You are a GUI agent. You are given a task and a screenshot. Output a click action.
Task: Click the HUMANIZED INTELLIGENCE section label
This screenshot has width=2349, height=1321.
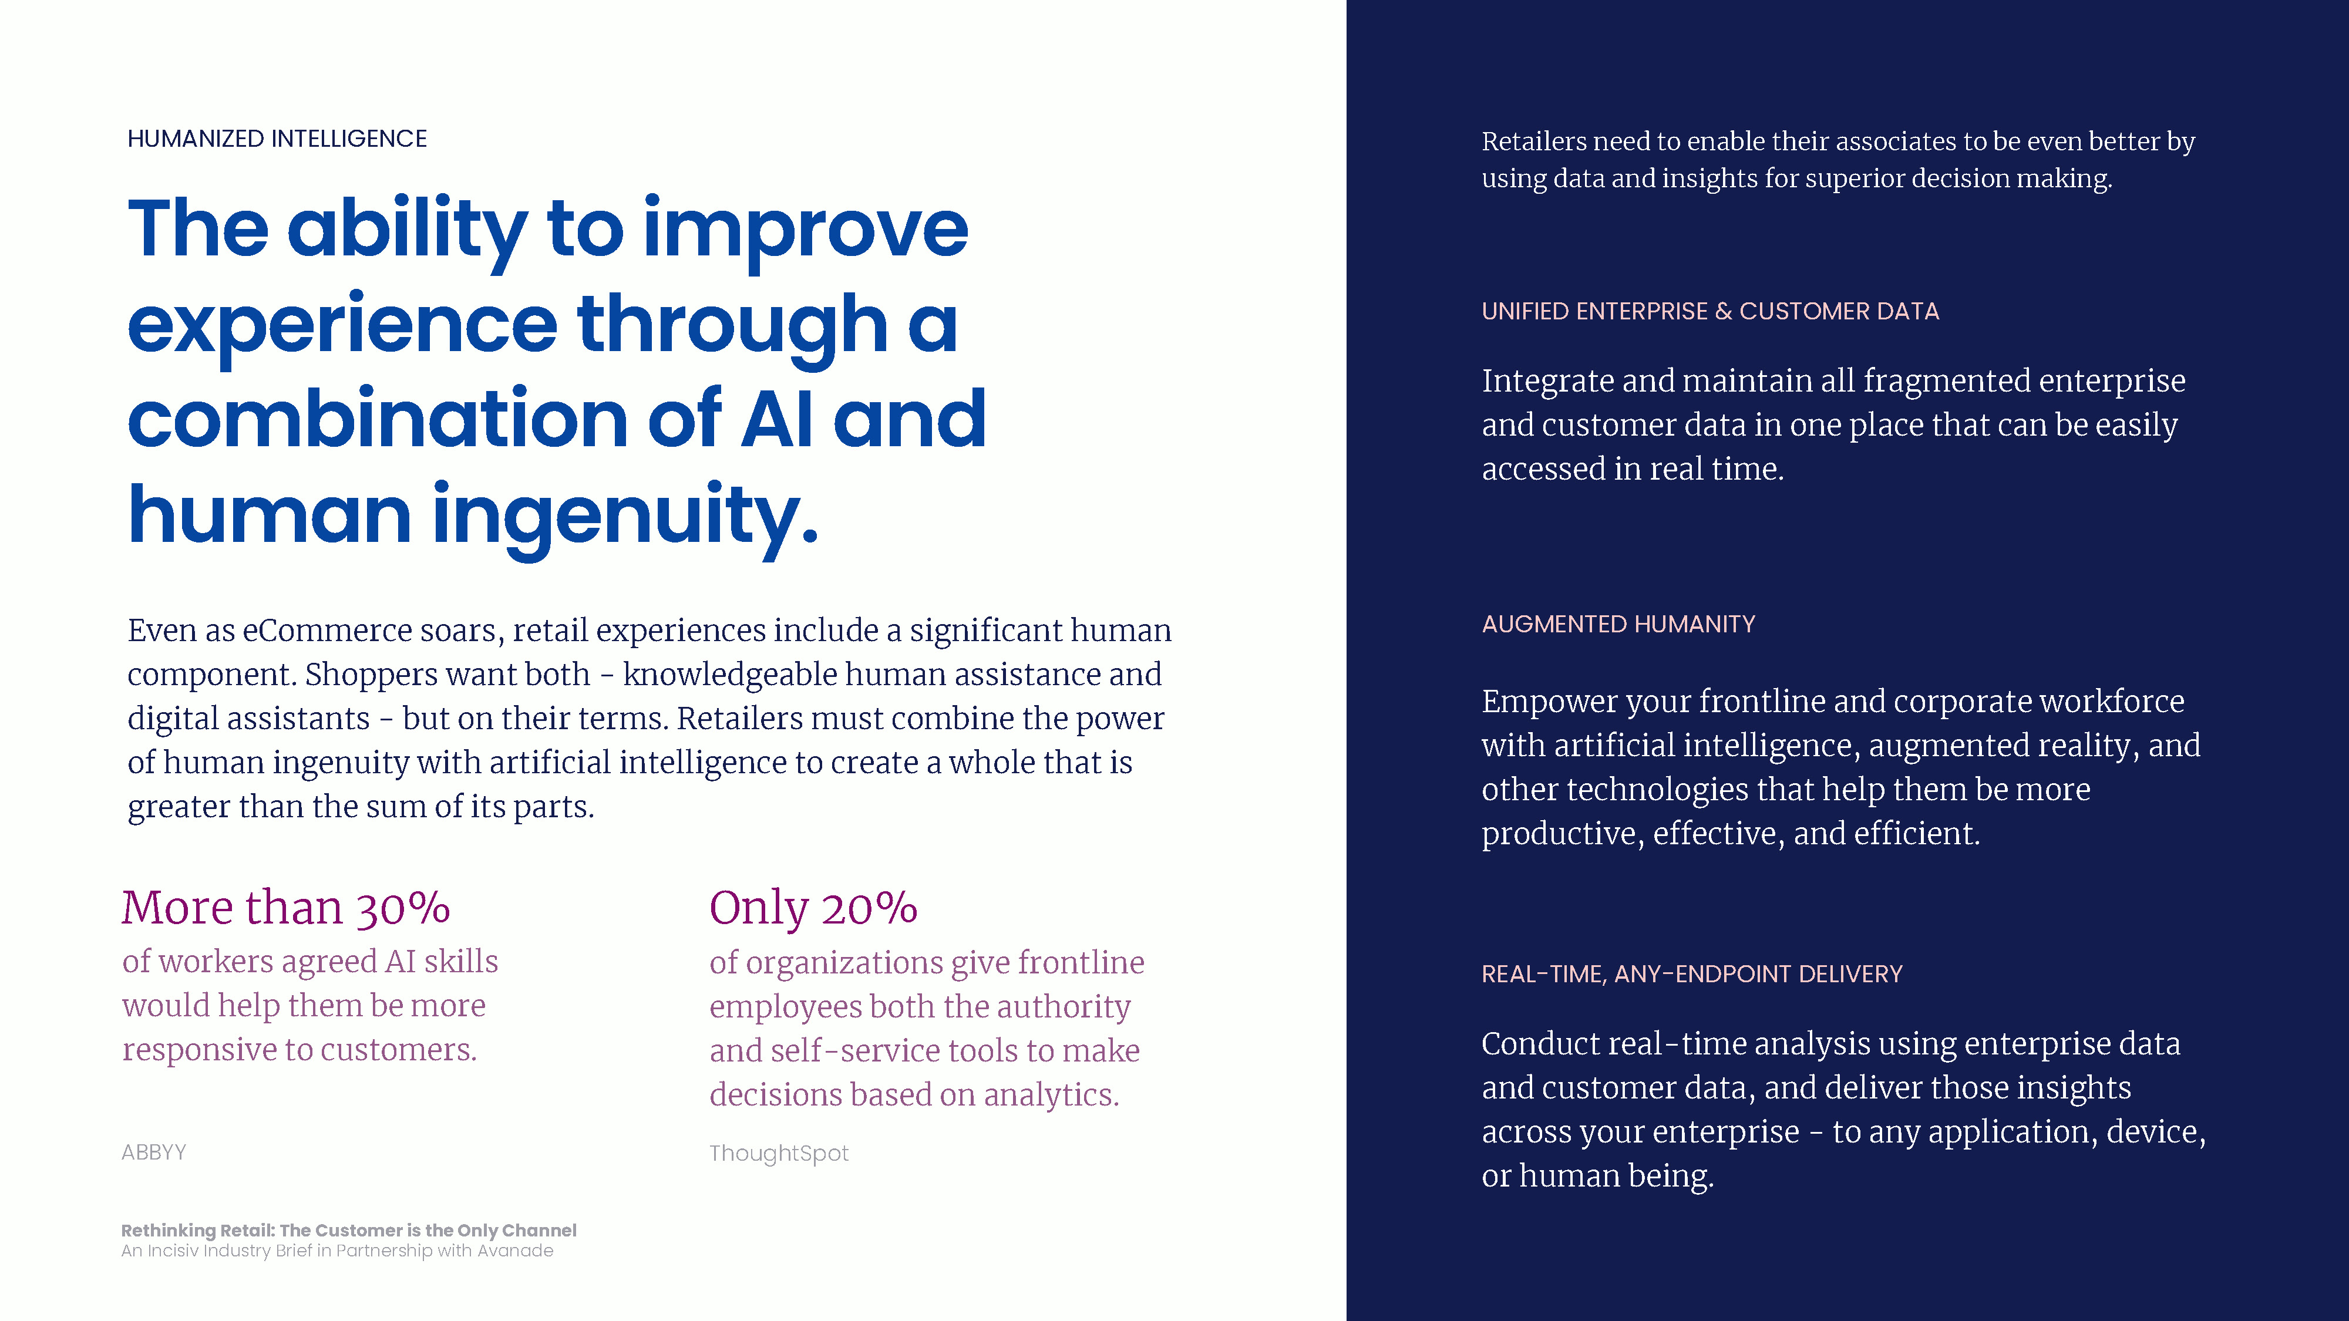[277, 139]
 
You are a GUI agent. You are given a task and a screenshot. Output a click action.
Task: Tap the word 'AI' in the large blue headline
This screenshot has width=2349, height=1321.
[776, 419]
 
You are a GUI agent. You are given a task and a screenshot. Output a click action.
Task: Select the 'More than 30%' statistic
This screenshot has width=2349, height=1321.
[287, 908]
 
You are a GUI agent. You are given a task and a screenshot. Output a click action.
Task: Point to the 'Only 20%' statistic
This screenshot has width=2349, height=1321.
[813, 909]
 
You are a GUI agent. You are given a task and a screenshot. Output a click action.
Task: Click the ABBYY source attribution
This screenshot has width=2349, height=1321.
[154, 1152]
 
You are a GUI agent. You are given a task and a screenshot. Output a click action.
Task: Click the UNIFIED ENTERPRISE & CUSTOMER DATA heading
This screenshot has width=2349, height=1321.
[1709, 311]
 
